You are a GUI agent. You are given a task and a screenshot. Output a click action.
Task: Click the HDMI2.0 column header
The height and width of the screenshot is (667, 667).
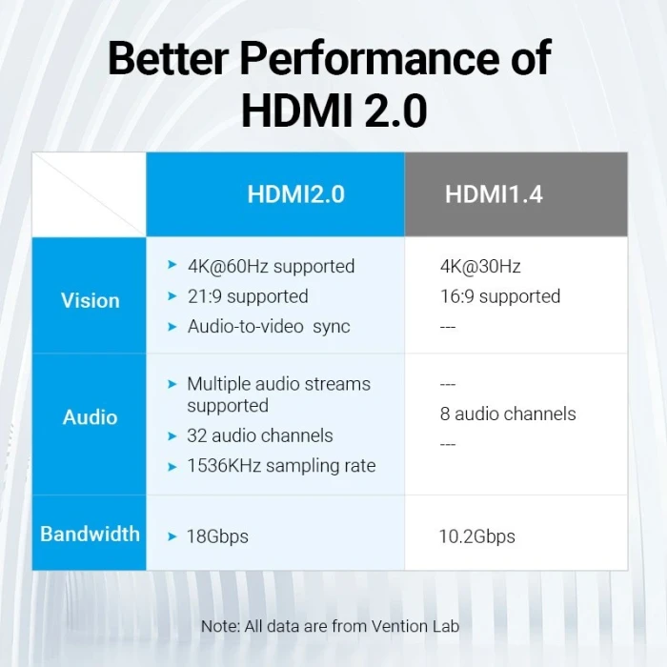tap(295, 194)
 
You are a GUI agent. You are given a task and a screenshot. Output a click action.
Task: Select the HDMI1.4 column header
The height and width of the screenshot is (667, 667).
tap(494, 194)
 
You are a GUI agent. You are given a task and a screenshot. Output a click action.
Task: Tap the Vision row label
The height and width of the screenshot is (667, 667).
tap(91, 300)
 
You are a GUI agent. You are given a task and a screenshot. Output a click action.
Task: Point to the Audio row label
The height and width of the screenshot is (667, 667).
tap(91, 417)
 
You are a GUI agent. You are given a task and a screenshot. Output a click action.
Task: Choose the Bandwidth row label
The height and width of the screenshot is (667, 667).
tap(91, 534)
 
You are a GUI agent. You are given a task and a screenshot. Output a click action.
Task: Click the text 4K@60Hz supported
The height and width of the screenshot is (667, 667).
tap(271, 267)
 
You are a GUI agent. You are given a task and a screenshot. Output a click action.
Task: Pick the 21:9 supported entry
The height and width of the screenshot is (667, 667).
tap(248, 296)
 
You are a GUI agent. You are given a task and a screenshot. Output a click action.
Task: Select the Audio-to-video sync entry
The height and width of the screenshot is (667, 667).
tap(269, 327)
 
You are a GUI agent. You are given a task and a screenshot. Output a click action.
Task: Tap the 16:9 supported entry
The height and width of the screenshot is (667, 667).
tap(500, 296)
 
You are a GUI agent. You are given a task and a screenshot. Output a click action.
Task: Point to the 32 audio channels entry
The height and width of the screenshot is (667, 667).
tap(260, 435)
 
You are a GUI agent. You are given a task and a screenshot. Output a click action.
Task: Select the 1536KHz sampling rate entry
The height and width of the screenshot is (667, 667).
tap(281, 466)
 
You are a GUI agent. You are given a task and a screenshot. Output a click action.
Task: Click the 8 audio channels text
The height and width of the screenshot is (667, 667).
tap(508, 414)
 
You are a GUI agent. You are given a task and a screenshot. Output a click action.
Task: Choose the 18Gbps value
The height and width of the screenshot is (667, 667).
tap(217, 536)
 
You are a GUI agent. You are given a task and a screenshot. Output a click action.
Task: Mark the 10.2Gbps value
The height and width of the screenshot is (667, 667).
tap(476, 536)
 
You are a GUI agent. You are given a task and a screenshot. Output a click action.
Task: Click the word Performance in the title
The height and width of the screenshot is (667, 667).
tap(368, 59)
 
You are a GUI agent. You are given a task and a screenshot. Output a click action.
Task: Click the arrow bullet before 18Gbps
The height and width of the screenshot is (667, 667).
tap(172, 536)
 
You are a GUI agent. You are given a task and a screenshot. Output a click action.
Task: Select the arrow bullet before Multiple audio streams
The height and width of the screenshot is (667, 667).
tap(172, 384)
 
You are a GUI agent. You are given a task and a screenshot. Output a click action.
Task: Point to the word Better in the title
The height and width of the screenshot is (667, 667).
tap(168, 59)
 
